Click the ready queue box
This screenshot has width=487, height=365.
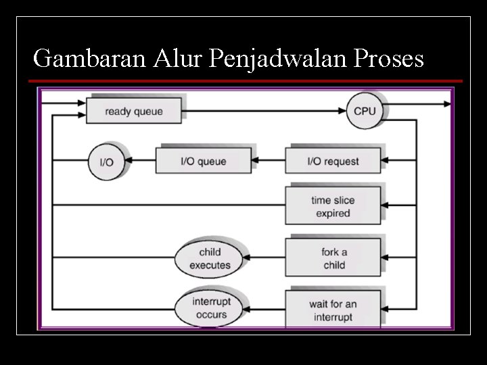point(134,111)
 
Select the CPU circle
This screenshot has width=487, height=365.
point(365,111)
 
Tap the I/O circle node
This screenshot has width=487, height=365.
point(106,162)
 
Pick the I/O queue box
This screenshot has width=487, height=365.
point(203,162)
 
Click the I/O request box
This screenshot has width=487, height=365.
point(333,162)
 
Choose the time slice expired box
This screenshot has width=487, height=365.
point(333,206)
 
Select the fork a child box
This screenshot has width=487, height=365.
point(333,258)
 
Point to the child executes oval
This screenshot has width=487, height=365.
point(210,258)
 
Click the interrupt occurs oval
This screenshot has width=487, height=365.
point(210,308)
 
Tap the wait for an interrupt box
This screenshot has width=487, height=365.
point(333,310)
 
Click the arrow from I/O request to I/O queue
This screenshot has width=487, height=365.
point(269,161)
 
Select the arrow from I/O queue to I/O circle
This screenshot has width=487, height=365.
point(141,161)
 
